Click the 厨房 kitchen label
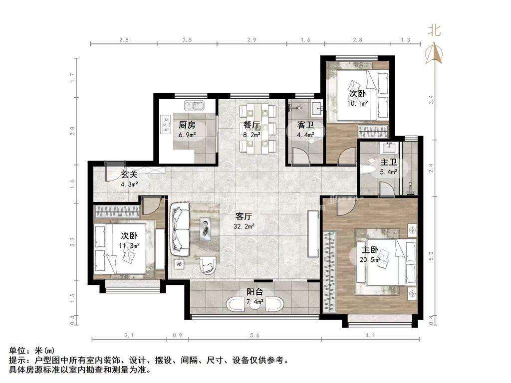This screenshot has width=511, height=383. pos(187,125)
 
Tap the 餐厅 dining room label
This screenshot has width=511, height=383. pos(252,125)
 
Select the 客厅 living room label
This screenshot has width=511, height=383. pos(244,216)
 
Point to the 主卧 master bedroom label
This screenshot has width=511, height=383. pos(370,250)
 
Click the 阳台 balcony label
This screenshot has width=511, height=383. pos(255,292)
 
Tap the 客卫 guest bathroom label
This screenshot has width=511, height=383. pos(305,125)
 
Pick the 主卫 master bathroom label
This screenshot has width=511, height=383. pos(388,162)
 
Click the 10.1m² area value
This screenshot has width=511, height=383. pos(357,104)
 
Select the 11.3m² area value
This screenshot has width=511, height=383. pos(129,245)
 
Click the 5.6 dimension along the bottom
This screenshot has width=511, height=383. pos(255,335)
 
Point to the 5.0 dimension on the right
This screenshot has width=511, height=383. pos(431,256)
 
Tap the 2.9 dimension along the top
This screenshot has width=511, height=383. pos(252,40)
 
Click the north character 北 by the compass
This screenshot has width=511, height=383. pos(434,30)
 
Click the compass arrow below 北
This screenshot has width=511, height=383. pos(434,53)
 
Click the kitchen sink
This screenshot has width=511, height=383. pos(194,106)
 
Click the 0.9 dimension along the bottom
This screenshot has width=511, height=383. pos(177,335)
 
